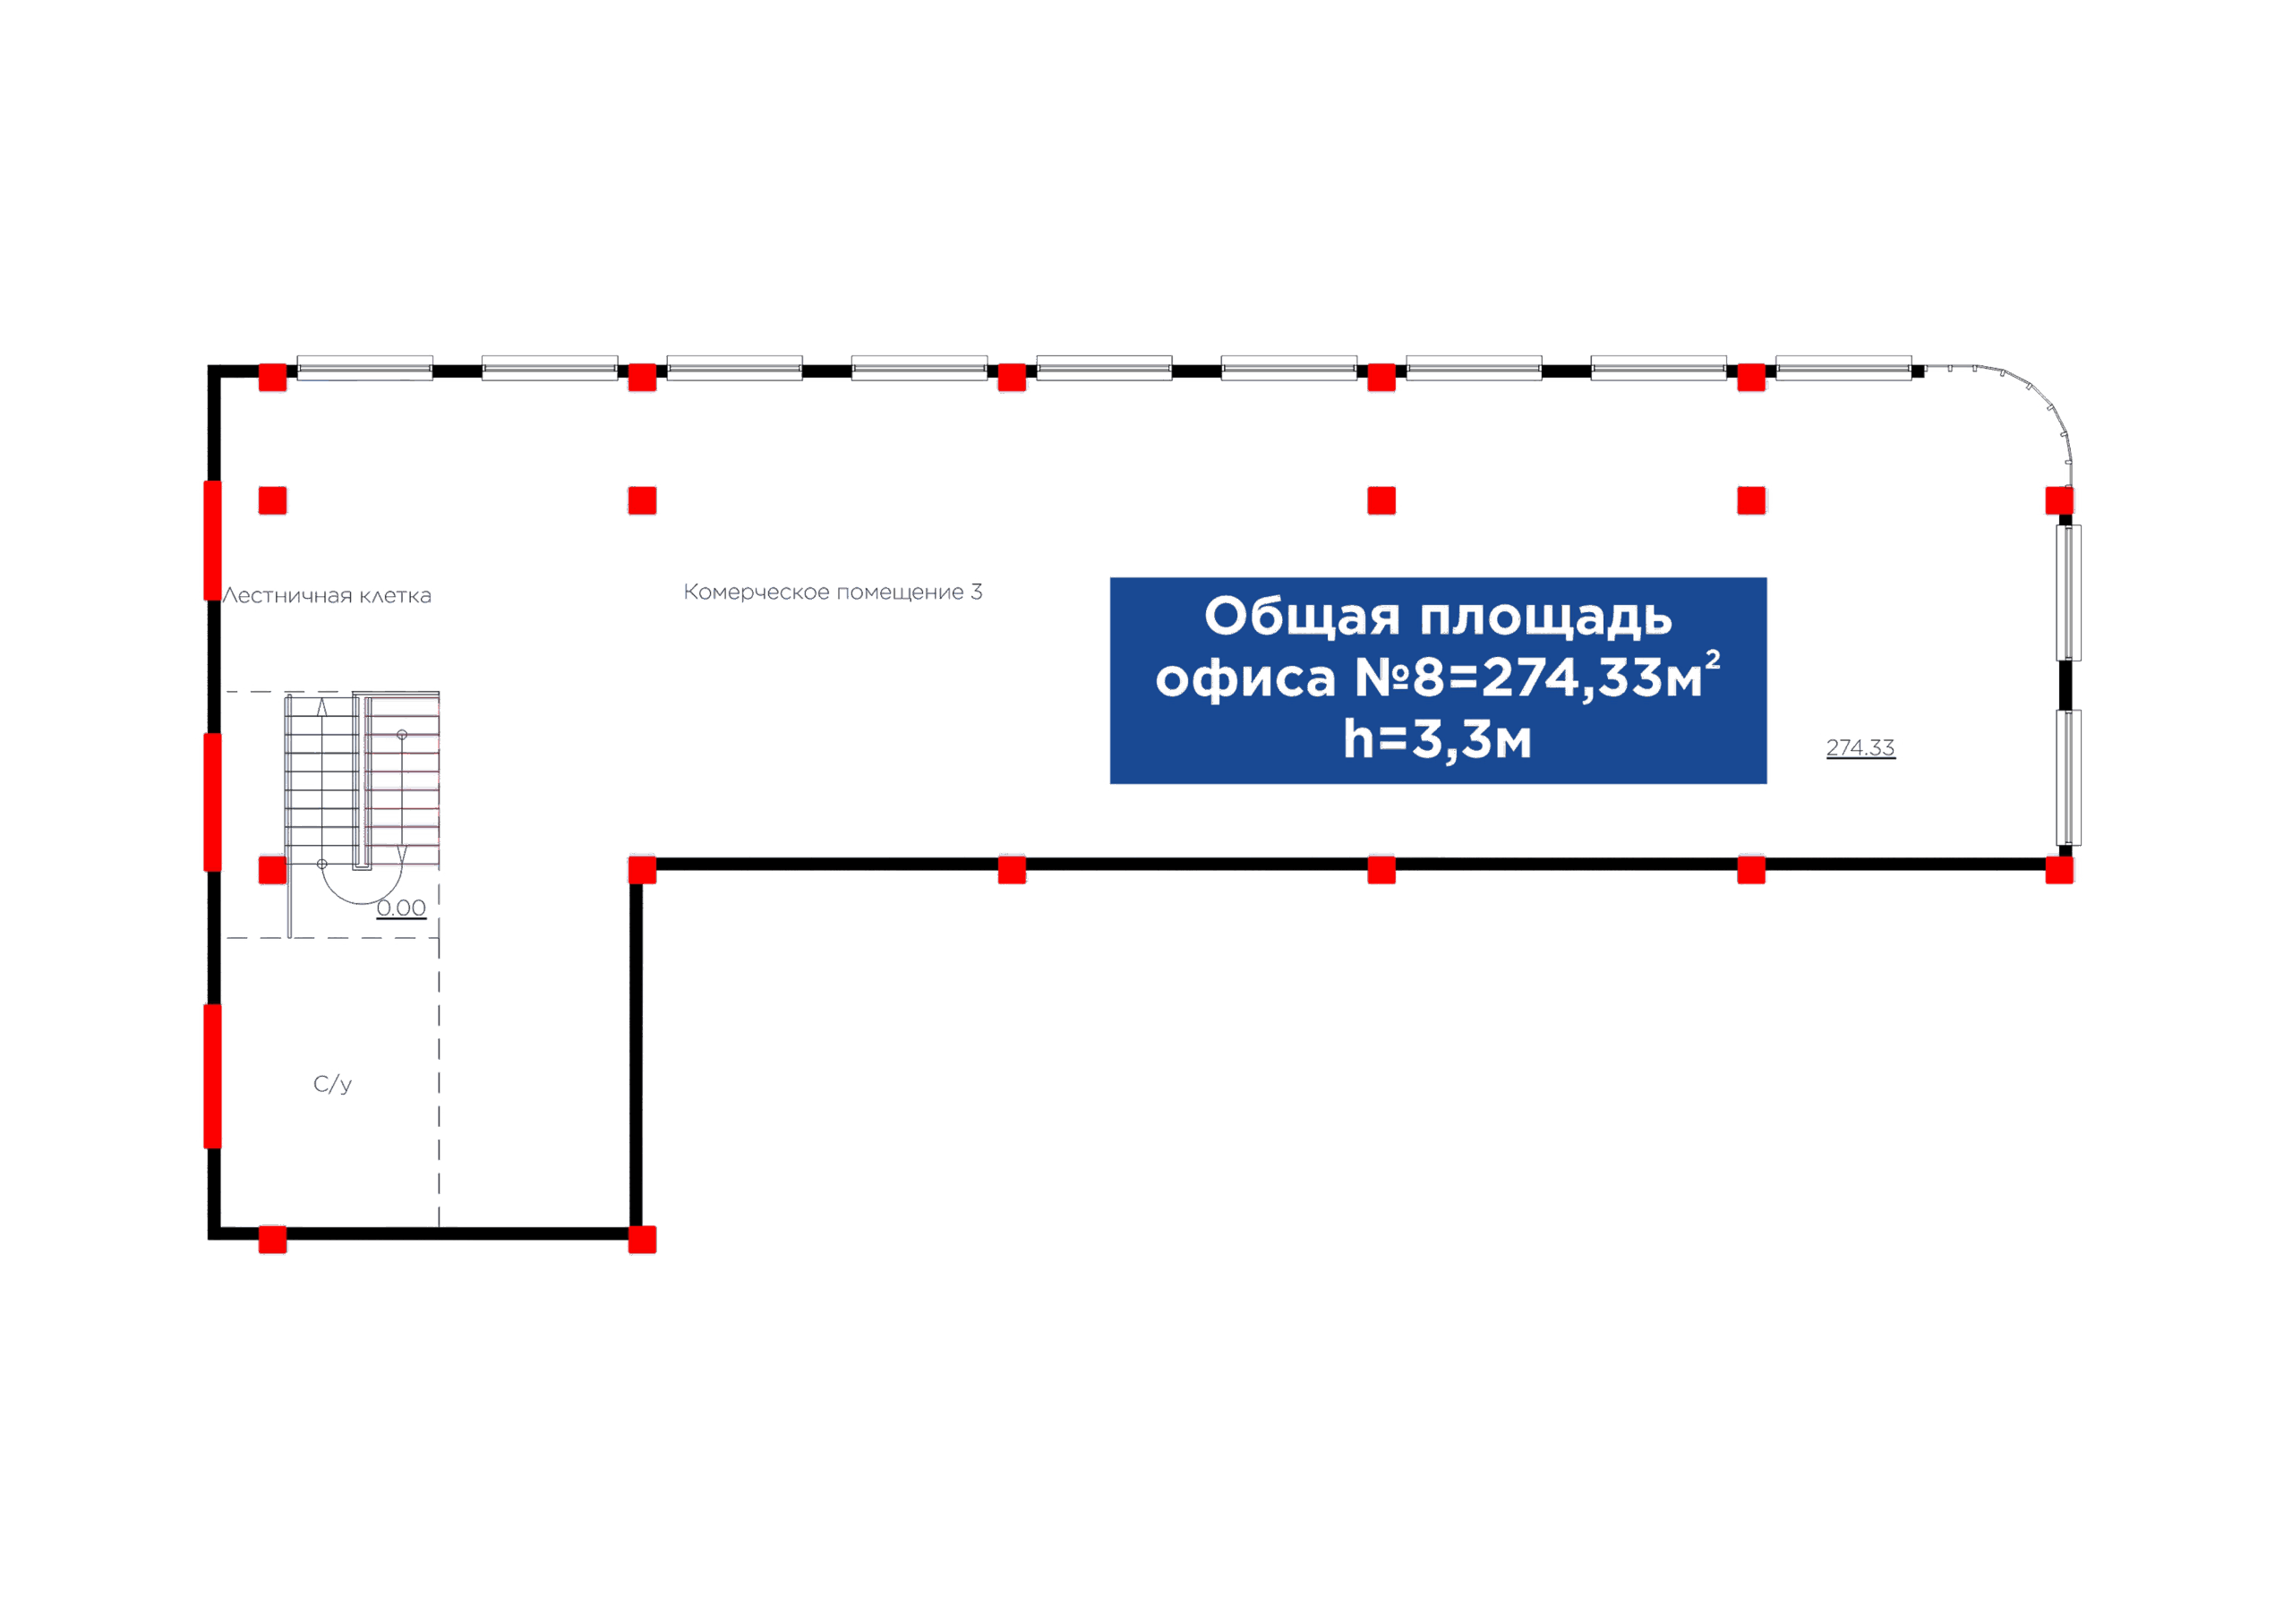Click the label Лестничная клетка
coord(328,596)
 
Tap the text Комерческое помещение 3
coord(833,592)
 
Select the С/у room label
coord(332,1084)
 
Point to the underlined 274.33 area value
coord(1860,747)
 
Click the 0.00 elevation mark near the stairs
coord(401,908)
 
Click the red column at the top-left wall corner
coord(272,379)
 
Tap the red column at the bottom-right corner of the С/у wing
coord(642,1240)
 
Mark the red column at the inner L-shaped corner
coord(642,869)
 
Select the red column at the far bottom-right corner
coord(2059,869)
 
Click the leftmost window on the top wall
coord(365,367)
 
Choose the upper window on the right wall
coord(2069,593)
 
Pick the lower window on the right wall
coord(2069,778)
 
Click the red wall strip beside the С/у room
coord(212,1076)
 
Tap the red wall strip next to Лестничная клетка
coord(212,540)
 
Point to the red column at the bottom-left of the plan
coord(272,1240)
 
